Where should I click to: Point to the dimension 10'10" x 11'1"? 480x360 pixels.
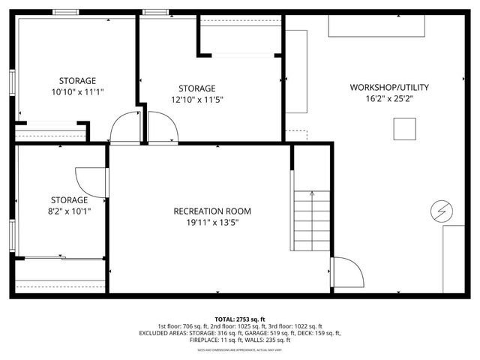click(78, 92)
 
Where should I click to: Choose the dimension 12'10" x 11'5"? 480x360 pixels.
click(197, 99)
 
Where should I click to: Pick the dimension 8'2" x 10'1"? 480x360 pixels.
click(69, 211)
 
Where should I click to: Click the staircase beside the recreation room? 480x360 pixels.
click(311, 220)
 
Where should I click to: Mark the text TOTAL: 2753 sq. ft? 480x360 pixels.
click(240, 319)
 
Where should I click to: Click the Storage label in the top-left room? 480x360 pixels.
click(78, 81)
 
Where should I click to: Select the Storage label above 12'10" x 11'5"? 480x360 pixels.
click(197, 88)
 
